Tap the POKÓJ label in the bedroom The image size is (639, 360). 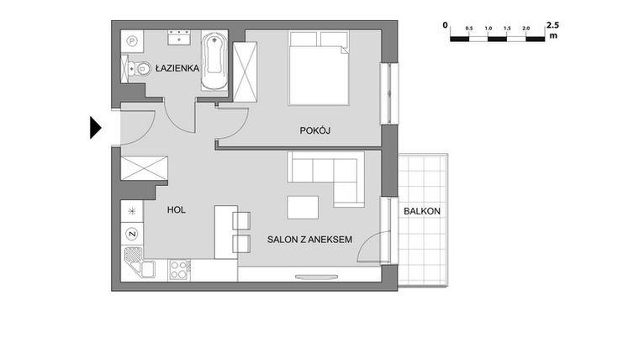(x=315, y=130)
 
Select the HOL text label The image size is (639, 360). (x=176, y=210)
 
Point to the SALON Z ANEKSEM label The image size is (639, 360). (x=309, y=240)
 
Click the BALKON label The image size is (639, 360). (x=421, y=210)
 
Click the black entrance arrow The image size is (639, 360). (x=95, y=127)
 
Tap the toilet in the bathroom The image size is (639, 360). (x=140, y=70)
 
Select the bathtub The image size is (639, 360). (x=214, y=64)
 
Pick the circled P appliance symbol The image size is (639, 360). (x=131, y=40)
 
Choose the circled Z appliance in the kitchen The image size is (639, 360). (x=131, y=233)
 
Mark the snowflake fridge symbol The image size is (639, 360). (x=132, y=210)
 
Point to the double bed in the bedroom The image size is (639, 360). (x=319, y=69)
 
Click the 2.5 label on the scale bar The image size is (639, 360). (x=552, y=25)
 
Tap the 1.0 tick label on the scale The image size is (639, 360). (x=488, y=29)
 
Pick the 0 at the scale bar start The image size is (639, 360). (x=446, y=25)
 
